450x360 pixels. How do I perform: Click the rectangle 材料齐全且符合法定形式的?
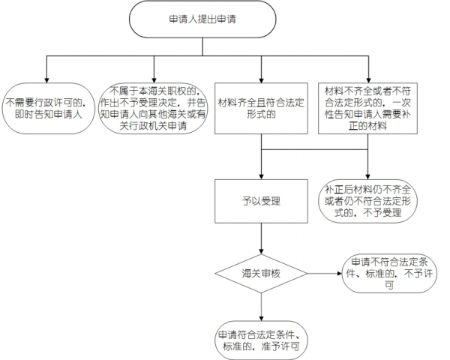tap(260, 108)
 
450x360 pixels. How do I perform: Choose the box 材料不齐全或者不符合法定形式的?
tap(367, 108)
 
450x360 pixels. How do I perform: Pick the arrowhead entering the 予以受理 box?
tap(260, 175)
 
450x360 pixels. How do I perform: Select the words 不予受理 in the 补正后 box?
tap(384, 213)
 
